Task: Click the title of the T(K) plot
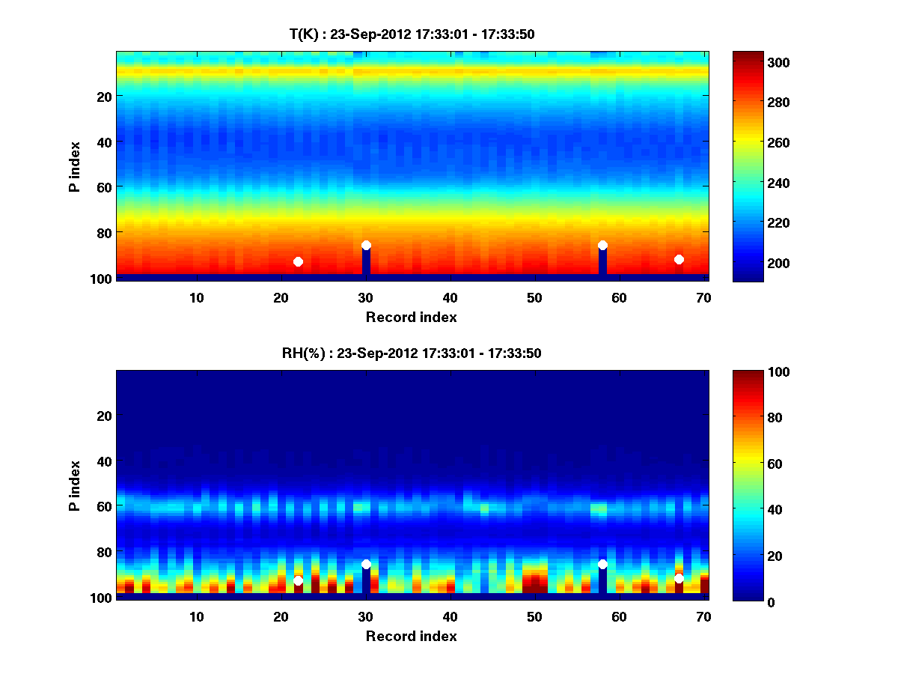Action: click(x=412, y=34)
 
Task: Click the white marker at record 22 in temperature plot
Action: click(x=298, y=261)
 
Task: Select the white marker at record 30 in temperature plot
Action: click(x=366, y=245)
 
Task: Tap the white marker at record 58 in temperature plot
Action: click(x=602, y=245)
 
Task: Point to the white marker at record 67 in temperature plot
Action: click(x=679, y=259)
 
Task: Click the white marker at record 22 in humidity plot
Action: click(x=298, y=580)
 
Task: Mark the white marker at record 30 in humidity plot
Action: click(x=366, y=564)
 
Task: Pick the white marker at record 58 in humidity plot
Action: click(x=602, y=564)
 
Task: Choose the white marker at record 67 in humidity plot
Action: click(x=679, y=578)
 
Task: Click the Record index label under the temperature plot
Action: click(x=412, y=317)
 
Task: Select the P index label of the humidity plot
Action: click(x=74, y=485)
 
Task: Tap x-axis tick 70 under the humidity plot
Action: click(x=704, y=616)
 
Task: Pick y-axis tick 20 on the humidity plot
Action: click(x=104, y=416)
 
